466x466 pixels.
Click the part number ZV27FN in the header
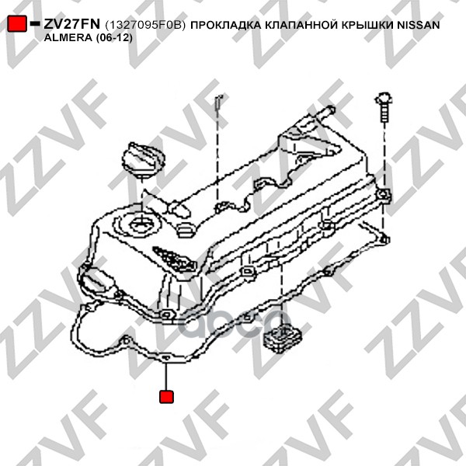(72, 24)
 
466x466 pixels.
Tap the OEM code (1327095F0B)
(145, 26)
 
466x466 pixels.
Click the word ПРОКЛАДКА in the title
(225, 26)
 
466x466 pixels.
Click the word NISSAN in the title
(419, 25)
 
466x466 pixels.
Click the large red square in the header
(16, 23)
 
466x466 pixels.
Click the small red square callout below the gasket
(166, 396)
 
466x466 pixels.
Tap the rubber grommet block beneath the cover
(282, 338)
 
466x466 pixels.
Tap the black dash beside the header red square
(35, 23)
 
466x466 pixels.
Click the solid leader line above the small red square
(166, 376)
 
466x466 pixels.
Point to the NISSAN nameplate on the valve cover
(175, 259)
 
